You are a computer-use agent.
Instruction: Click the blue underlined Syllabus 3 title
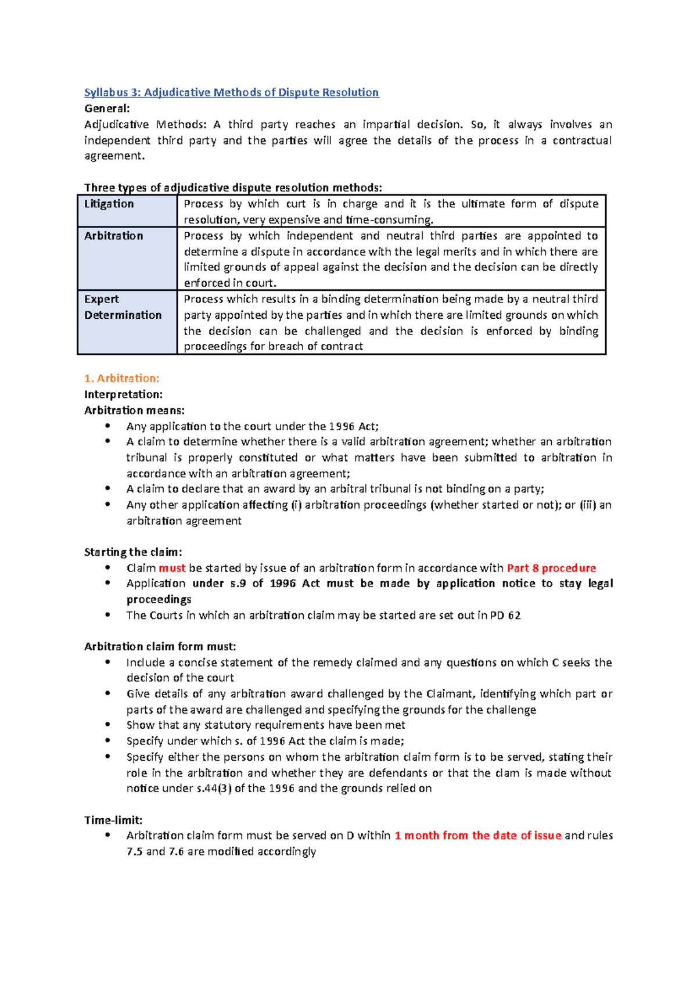click(x=231, y=92)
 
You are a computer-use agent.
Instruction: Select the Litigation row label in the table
click(x=109, y=204)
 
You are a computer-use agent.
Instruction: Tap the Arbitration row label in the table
click(x=113, y=236)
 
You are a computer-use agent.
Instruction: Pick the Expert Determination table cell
click(x=123, y=307)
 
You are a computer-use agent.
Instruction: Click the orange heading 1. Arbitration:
click(x=121, y=379)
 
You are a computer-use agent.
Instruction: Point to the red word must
click(x=172, y=568)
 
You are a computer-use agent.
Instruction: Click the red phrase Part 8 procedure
click(x=551, y=568)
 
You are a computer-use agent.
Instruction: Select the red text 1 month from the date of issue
click(x=477, y=836)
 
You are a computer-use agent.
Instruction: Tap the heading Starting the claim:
click(x=133, y=552)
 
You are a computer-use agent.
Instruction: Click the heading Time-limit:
click(x=113, y=821)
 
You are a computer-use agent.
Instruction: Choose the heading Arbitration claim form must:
click(x=160, y=647)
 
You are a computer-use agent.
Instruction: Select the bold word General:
click(x=107, y=109)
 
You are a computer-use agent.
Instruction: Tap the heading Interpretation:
click(x=123, y=394)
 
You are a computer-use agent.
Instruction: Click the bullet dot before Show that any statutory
click(x=107, y=725)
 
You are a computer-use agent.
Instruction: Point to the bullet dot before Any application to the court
click(x=107, y=426)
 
